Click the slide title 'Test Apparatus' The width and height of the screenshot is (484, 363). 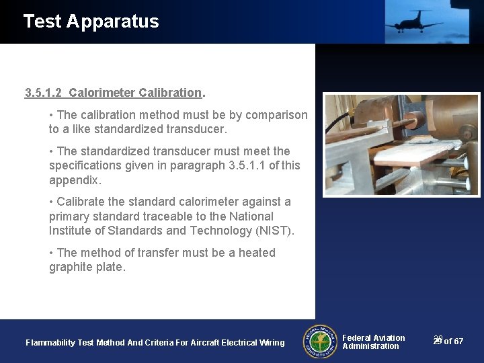click(x=91, y=22)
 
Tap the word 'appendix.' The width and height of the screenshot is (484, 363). click(x=75, y=180)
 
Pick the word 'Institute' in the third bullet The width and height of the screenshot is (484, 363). click(x=71, y=231)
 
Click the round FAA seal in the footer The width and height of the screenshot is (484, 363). click(x=320, y=341)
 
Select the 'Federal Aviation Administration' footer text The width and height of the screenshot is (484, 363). click(x=373, y=342)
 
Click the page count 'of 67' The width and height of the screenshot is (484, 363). click(x=454, y=341)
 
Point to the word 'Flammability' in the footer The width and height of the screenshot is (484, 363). click(x=50, y=343)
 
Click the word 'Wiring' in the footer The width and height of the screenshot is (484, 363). click(x=270, y=343)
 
